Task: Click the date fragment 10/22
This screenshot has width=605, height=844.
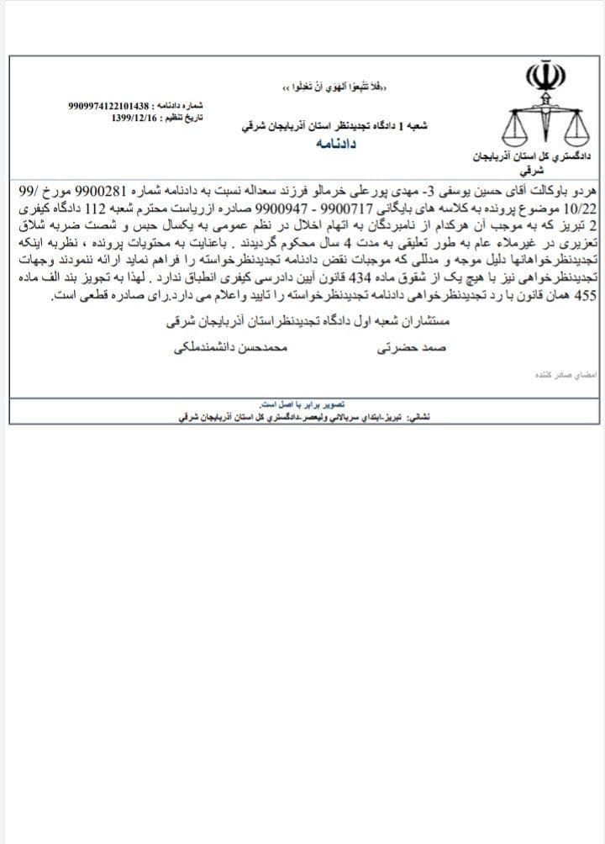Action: coord(580,206)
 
